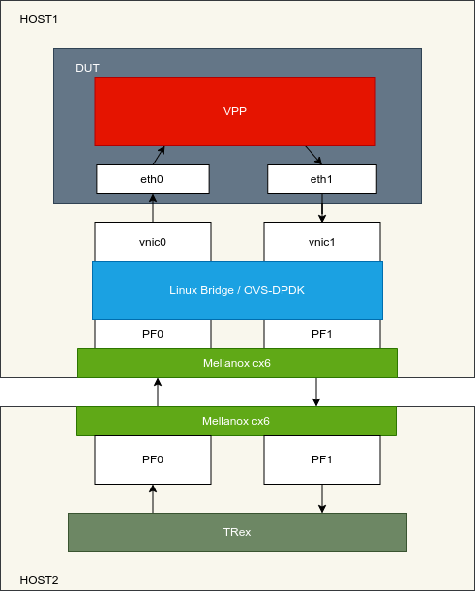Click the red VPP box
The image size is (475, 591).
[234, 111]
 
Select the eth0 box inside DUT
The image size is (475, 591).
[153, 179]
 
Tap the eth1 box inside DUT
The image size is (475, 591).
[321, 179]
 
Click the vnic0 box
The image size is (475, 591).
[153, 242]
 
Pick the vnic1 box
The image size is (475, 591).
[321, 242]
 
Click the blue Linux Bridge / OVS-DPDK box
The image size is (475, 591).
[237, 290]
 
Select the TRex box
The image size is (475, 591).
[237, 532]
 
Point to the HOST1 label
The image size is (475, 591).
[39, 19]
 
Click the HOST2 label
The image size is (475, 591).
[39, 580]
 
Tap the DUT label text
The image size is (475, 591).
[87, 68]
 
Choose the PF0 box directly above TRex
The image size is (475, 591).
[153, 459]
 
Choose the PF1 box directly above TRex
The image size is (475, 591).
[321, 459]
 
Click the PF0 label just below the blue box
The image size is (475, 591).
[153, 333]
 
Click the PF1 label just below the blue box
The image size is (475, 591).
[321, 333]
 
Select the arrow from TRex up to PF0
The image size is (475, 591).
[153, 498]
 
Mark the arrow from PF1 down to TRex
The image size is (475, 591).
[322, 498]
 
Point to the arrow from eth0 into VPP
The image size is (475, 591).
[159, 155]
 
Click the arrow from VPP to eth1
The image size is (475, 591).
[313, 156]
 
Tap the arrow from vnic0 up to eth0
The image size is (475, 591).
[153, 208]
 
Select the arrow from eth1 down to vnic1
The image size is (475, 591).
[322, 208]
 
